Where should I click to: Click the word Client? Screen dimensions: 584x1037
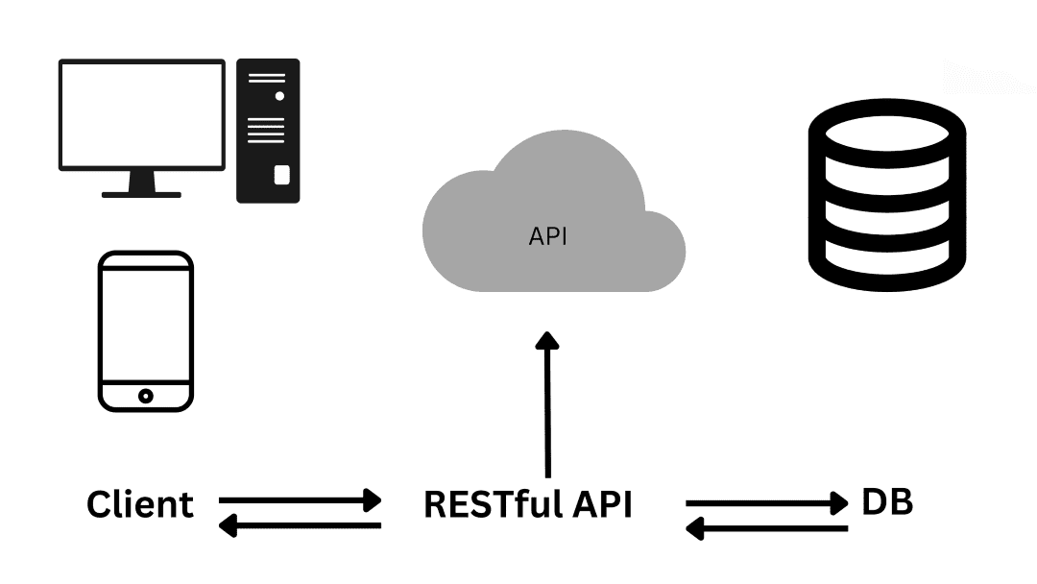[140, 504]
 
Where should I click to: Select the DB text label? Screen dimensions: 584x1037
[886, 501]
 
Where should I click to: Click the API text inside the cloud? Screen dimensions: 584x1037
[548, 236]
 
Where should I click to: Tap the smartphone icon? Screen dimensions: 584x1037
[145, 331]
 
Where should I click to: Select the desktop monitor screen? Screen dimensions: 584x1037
[142, 113]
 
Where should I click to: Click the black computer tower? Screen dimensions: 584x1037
[268, 131]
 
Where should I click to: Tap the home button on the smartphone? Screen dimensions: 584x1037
[145, 396]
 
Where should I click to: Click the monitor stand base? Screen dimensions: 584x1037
[142, 193]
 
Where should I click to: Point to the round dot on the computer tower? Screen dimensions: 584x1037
[279, 96]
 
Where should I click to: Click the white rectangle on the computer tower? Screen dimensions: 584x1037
[281, 174]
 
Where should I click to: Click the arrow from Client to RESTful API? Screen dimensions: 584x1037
[300, 499]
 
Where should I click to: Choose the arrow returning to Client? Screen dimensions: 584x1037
[300, 525]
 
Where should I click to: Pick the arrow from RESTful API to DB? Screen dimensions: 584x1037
[766, 501]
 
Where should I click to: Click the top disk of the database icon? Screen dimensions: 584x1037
[885, 130]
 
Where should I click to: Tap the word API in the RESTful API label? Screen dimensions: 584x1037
[601, 504]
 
